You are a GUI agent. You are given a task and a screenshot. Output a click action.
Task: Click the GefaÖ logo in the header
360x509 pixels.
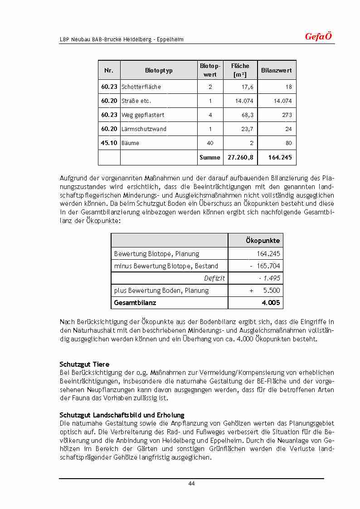pos(318,37)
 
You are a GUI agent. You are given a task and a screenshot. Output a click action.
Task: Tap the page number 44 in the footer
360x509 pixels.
pos(191,484)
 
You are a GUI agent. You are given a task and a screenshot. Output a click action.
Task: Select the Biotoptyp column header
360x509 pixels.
pos(159,71)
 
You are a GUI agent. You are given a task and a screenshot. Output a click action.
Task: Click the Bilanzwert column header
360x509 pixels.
pos(277,71)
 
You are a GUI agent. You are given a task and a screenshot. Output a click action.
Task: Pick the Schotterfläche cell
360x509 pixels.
pos(141,87)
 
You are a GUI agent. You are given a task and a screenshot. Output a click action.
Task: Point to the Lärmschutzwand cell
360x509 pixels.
pos(144,129)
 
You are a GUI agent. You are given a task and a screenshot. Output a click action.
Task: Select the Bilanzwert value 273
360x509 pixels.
pos(287,115)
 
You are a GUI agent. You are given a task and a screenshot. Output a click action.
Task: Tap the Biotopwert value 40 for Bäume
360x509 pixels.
pos(210,143)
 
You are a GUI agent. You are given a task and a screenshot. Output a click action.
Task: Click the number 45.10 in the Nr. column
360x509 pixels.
pos(109,143)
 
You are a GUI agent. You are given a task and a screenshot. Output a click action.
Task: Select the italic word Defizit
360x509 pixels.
pos(214,278)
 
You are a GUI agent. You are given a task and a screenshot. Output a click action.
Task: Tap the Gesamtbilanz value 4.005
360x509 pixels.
pos(271,303)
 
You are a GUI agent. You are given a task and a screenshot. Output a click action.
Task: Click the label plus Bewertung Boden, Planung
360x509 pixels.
pos(161,291)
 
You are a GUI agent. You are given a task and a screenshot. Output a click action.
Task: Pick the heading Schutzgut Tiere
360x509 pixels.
pos(84,364)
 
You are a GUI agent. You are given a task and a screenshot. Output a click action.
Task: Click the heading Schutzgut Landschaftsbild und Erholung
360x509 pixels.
pos(122,415)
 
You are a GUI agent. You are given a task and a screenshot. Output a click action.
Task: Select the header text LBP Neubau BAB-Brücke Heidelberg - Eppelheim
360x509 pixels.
pos(122,39)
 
